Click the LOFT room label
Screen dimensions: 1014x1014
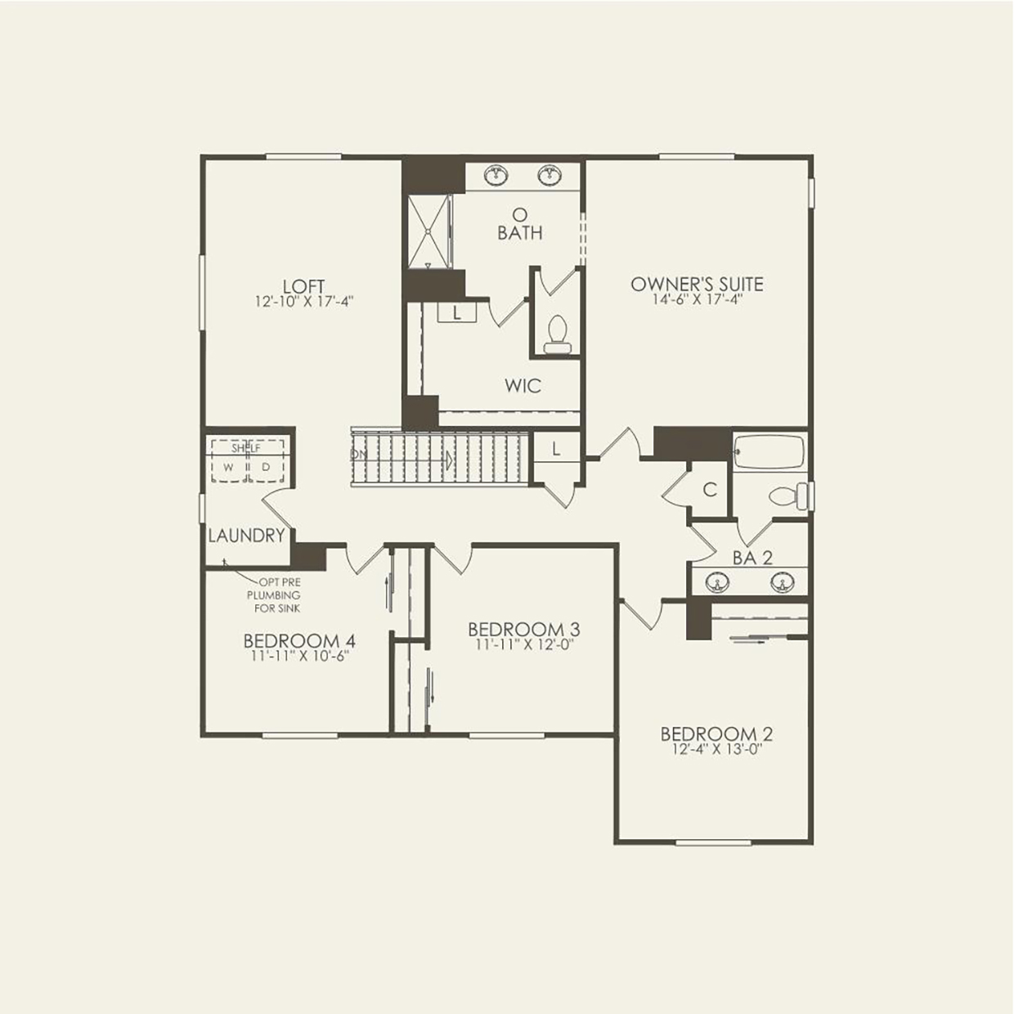pyautogui.click(x=303, y=286)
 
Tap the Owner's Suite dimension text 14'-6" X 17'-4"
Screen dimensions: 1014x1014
pyautogui.click(x=697, y=300)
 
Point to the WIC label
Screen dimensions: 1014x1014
pyautogui.click(x=523, y=385)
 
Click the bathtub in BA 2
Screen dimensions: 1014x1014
pyautogui.click(x=769, y=453)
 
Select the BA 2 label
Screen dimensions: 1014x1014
pyautogui.click(x=752, y=558)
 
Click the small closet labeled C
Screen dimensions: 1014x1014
pyautogui.click(x=710, y=490)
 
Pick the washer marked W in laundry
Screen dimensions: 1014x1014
pyautogui.click(x=229, y=467)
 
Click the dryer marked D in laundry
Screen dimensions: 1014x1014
pyautogui.click(x=266, y=467)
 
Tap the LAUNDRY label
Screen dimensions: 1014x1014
pyautogui.click(x=246, y=536)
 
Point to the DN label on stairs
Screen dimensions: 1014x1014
pyautogui.click(x=359, y=454)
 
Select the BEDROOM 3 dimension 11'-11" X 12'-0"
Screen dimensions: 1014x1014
pyautogui.click(x=523, y=644)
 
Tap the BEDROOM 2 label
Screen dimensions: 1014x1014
pyautogui.click(x=716, y=734)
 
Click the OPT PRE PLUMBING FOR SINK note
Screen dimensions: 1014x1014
pyautogui.click(x=274, y=595)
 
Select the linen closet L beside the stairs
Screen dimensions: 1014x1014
pyautogui.click(x=556, y=449)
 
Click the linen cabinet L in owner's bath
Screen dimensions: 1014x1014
pyautogui.click(x=456, y=312)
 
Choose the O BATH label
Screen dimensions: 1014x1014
pyautogui.click(x=519, y=226)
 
